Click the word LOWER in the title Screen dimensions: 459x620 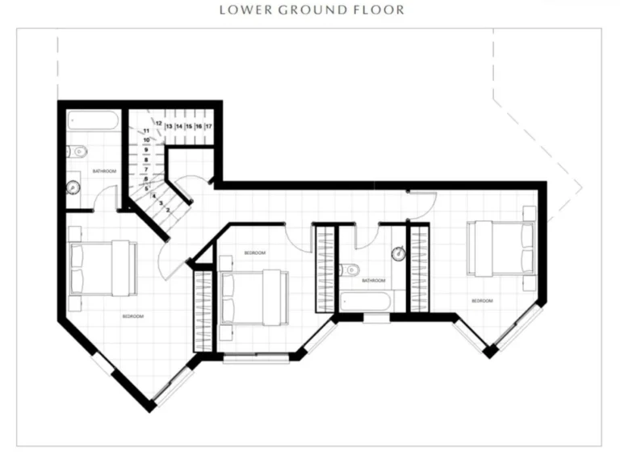[x=242, y=10]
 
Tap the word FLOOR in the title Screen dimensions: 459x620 [x=381, y=10]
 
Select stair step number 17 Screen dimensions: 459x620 [x=208, y=127]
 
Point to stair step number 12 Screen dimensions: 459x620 [x=159, y=123]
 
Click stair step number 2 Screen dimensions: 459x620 [x=167, y=210]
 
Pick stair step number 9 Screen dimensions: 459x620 [x=147, y=149]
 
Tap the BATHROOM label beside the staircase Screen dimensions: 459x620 [x=104, y=172]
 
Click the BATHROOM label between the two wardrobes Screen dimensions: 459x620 [x=373, y=281]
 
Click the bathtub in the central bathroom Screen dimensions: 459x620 [x=367, y=302]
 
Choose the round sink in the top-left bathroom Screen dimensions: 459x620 [x=73, y=188]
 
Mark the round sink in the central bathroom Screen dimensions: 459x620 [x=397, y=254]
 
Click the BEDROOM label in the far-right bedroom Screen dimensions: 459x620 [x=482, y=300]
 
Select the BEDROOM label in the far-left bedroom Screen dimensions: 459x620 [x=133, y=317]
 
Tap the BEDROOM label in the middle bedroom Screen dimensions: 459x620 [x=255, y=253]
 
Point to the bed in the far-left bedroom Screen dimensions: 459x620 [x=102, y=268]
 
